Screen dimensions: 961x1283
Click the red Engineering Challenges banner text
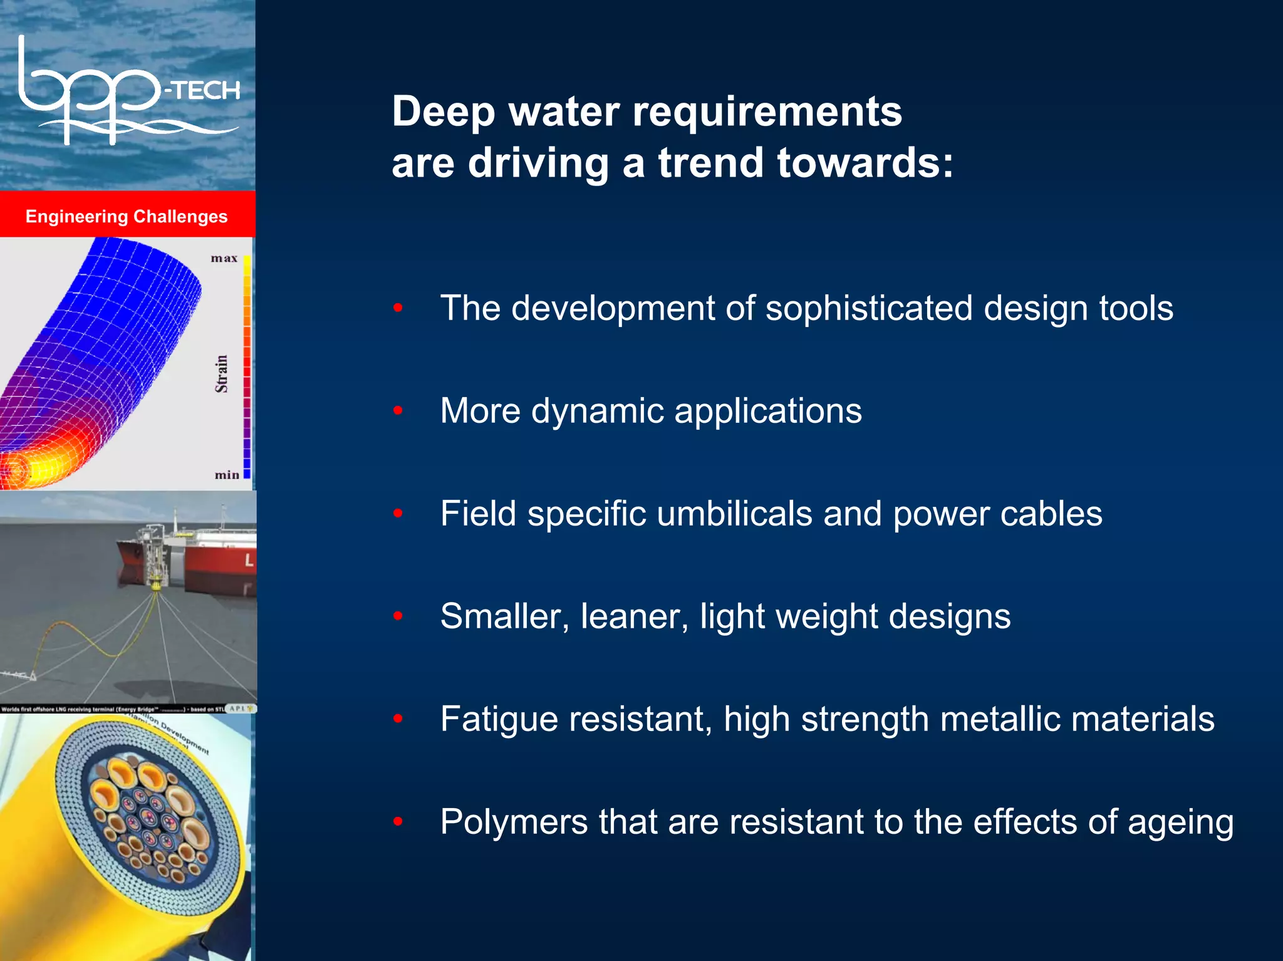point(127,217)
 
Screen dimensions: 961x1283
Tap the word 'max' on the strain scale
point(224,258)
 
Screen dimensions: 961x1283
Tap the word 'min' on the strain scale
point(227,475)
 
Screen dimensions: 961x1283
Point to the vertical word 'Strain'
point(221,374)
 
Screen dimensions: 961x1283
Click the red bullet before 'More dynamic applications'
point(398,411)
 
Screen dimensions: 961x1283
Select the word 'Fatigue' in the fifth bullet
point(499,719)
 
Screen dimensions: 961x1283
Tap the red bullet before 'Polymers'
point(398,821)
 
